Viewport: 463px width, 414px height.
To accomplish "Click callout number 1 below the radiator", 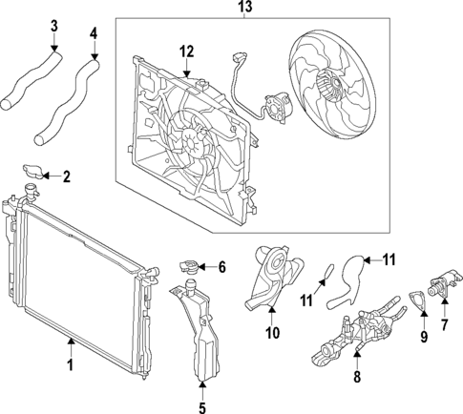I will click(x=69, y=364).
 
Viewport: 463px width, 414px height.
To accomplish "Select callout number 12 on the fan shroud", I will click(x=187, y=51).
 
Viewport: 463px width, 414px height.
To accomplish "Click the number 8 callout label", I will click(x=357, y=377).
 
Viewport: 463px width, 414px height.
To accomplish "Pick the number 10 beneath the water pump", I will click(x=271, y=333).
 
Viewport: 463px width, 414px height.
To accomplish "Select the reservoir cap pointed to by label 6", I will click(x=188, y=266).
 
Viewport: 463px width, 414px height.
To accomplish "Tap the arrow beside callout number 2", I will click(x=53, y=176).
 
